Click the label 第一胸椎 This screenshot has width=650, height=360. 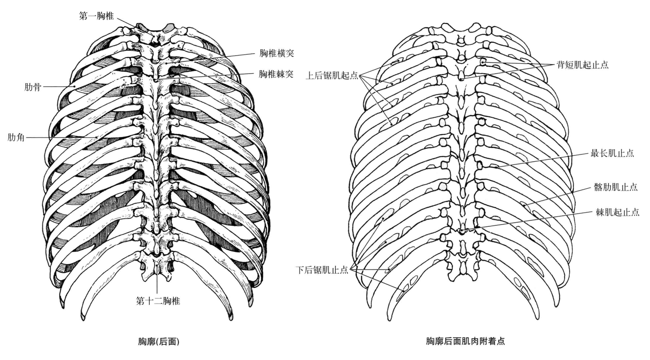click(x=96, y=16)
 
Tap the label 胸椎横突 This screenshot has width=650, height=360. click(x=276, y=53)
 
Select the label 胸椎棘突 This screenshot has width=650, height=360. click(x=276, y=74)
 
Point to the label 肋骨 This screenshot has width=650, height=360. click(x=32, y=87)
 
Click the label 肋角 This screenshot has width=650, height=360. click(x=16, y=137)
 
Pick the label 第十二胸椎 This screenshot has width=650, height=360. click(x=158, y=300)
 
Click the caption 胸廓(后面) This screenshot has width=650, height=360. click(x=158, y=342)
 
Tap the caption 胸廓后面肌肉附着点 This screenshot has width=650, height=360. click(x=465, y=342)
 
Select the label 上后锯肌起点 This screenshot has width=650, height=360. click(x=332, y=75)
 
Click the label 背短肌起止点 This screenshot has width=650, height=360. click(x=582, y=65)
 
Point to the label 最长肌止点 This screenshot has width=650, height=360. click(x=612, y=153)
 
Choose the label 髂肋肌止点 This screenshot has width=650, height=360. click(x=616, y=187)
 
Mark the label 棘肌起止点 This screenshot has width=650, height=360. click(x=617, y=212)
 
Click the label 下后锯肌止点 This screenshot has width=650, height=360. click(x=322, y=270)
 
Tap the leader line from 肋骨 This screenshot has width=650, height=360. click(x=59, y=86)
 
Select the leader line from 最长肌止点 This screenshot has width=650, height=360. click(x=542, y=160)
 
